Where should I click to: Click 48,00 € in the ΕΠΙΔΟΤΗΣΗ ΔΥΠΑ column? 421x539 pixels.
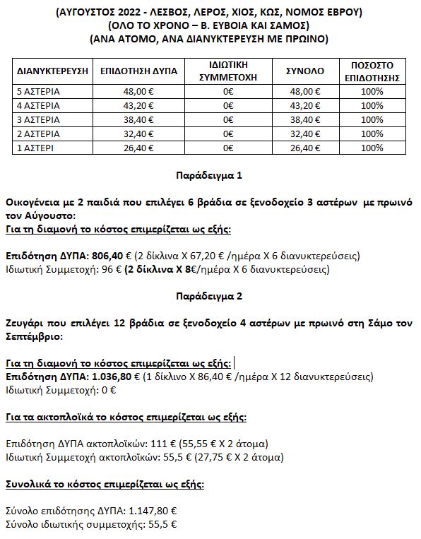point(138,91)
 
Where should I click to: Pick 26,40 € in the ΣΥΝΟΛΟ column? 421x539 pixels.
point(304,148)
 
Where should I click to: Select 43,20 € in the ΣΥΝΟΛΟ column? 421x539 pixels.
point(304,105)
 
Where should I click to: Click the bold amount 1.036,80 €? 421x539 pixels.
point(110,377)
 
